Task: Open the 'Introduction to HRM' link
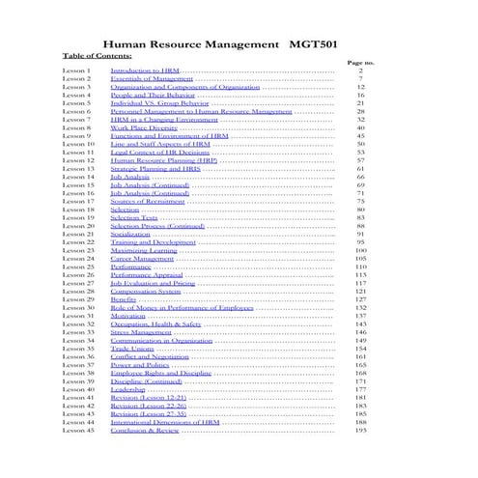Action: pos(145,71)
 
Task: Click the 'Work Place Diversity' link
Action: pos(145,127)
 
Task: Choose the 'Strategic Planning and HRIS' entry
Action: pos(155,168)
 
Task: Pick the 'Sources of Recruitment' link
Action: pos(148,199)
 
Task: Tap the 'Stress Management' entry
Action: pos(142,331)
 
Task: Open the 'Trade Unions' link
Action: pos(133,348)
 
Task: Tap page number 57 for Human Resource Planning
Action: pos(360,160)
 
